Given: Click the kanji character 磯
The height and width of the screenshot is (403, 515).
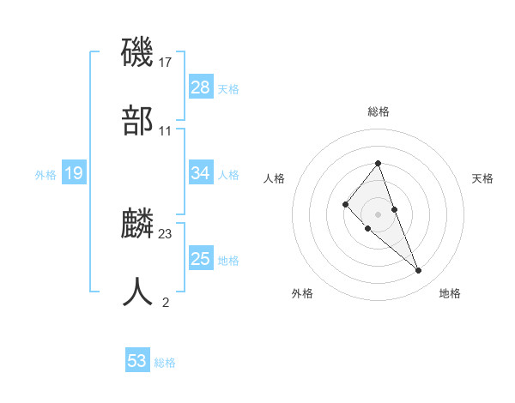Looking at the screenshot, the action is pyautogui.click(x=137, y=51).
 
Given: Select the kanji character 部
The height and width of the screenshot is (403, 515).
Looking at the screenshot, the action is pyautogui.click(x=137, y=121).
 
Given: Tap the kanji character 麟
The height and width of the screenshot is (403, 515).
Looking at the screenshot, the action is pyautogui.click(x=137, y=223).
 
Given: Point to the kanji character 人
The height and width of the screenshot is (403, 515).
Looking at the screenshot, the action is pyautogui.click(x=137, y=292).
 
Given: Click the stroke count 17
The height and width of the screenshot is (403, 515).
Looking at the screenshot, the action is pyautogui.click(x=166, y=62).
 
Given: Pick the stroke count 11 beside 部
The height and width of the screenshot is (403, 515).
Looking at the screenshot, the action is pyautogui.click(x=166, y=131).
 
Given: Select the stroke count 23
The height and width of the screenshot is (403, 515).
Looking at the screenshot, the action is pyautogui.click(x=166, y=233).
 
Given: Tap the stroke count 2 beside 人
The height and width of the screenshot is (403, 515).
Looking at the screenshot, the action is pyautogui.click(x=166, y=302).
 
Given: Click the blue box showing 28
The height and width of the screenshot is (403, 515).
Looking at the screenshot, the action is pyautogui.click(x=200, y=87).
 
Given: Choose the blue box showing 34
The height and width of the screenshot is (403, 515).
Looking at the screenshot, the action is pyautogui.click(x=200, y=173).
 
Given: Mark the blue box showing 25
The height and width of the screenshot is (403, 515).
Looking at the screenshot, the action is pyautogui.click(x=200, y=259).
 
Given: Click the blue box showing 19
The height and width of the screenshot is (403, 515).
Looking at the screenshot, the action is pyautogui.click(x=73, y=174).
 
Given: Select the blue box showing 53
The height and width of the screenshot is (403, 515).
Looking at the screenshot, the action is pyautogui.click(x=137, y=361).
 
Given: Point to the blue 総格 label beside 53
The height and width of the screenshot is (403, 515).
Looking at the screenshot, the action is pyautogui.click(x=165, y=363).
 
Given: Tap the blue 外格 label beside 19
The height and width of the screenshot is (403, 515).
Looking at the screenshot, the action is pyautogui.click(x=45, y=175).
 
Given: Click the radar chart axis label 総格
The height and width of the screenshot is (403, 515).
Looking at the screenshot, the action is pyautogui.click(x=378, y=111).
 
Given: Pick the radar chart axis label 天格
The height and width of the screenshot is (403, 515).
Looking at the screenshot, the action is pyautogui.click(x=482, y=178).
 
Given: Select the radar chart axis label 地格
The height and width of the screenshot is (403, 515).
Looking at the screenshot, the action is pyautogui.click(x=450, y=293).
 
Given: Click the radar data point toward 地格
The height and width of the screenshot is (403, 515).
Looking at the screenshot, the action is pyautogui.click(x=419, y=271).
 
